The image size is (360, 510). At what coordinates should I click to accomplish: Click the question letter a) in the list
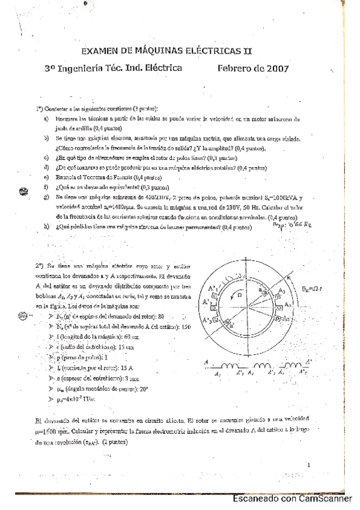[46, 119]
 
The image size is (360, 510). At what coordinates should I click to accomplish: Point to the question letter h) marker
[46, 227]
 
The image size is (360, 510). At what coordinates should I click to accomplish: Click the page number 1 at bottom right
[307, 465]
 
